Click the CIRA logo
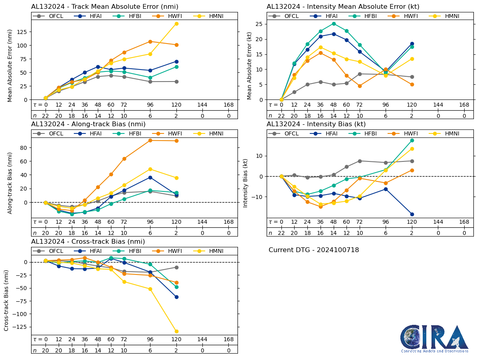(435, 338)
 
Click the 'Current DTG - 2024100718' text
(314, 250)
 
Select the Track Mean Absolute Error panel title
(105, 7)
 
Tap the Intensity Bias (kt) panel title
(316, 124)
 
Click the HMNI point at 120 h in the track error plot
(176, 24)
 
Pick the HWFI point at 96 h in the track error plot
(150, 42)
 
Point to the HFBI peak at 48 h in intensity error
(334, 24)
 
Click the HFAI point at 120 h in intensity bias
(412, 214)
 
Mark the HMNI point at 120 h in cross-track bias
(176, 331)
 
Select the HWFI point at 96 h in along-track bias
(150, 140)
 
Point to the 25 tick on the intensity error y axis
(262, 24)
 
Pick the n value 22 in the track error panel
(46, 116)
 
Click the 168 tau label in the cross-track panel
(229, 340)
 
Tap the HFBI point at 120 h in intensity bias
(412, 140)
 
